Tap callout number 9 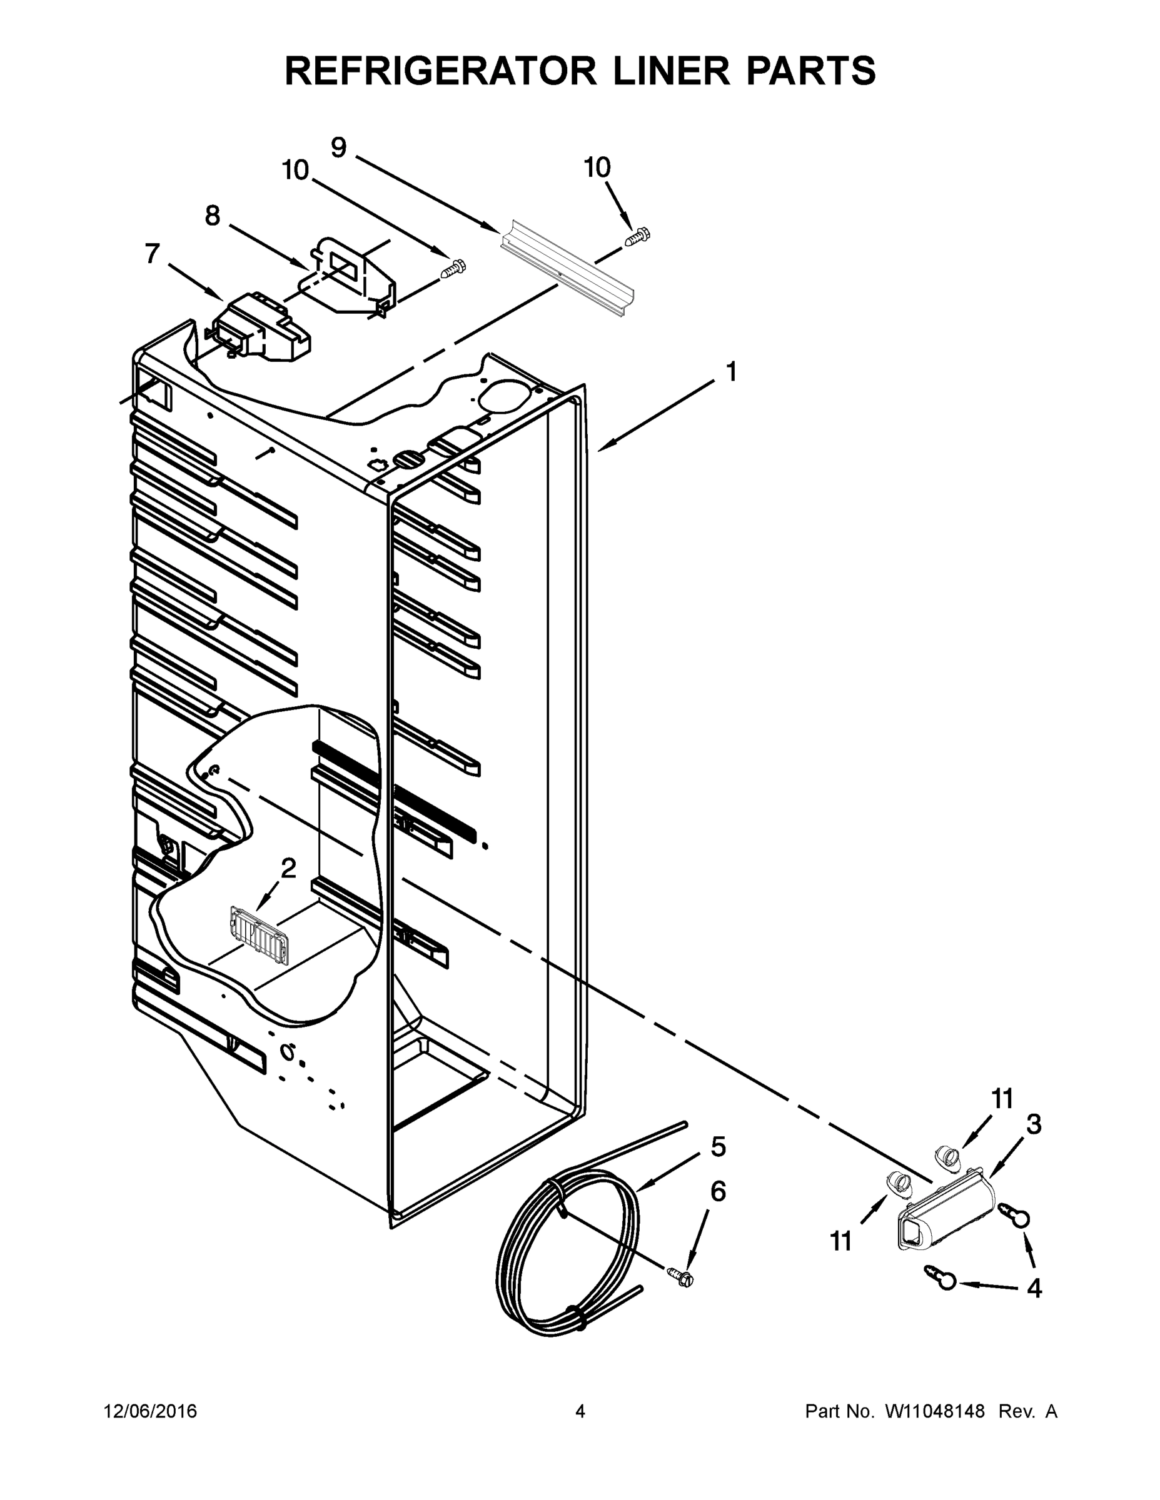(339, 147)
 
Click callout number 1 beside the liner (731, 372)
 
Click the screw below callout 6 (681, 1277)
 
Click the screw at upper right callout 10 (638, 236)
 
